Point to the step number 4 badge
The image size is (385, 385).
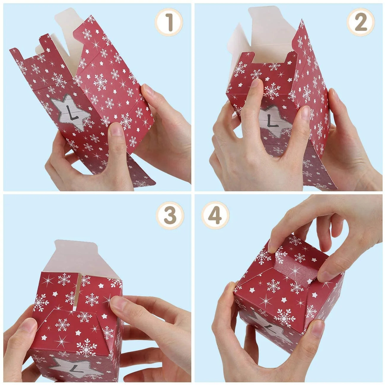(215, 216)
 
